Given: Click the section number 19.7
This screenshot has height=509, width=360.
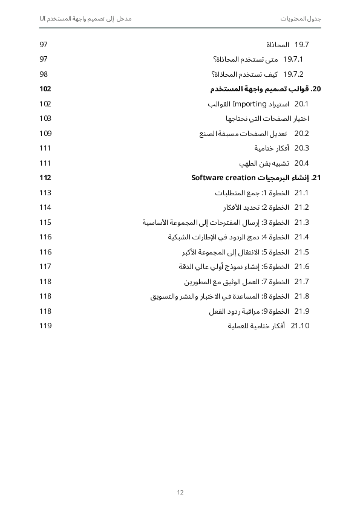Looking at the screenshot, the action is [x=301, y=45].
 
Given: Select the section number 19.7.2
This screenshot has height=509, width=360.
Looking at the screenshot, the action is [x=293, y=74].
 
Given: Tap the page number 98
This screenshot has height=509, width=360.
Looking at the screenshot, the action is [x=44, y=74].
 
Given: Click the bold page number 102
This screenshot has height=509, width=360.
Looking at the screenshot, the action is [x=45, y=89].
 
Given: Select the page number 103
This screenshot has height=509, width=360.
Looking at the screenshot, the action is [x=45, y=118].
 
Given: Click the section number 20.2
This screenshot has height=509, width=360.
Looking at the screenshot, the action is [x=301, y=134].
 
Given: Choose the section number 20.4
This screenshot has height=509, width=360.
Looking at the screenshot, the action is [x=301, y=163].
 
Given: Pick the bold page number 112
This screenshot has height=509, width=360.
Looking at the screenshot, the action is [x=45, y=178].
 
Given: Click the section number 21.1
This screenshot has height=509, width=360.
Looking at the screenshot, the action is [x=301, y=193].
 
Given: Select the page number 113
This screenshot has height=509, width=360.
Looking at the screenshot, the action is [x=45, y=193].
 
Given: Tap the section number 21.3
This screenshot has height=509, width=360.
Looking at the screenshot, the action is [x=301, y=222].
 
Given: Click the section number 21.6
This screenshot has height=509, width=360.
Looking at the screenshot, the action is [x=301, y=267].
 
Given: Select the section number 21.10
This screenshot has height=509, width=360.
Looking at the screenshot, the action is [x=300, y=326].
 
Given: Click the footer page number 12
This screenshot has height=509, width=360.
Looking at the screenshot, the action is [x=180, y=492].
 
